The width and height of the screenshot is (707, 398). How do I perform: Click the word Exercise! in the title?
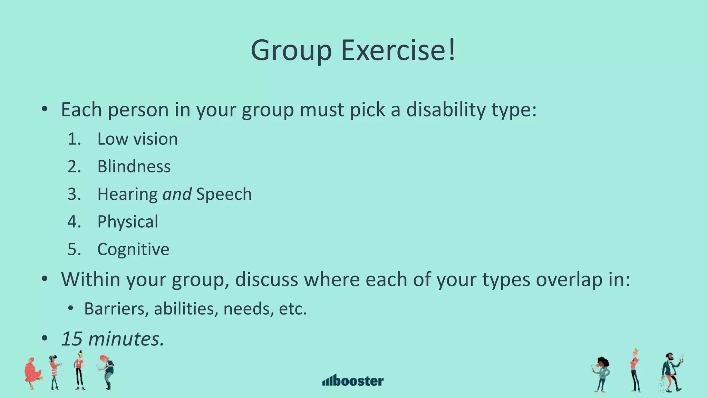pos(398,50)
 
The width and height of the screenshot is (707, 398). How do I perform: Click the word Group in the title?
pos(291,50)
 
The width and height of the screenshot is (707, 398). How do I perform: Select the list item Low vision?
pos(137,139)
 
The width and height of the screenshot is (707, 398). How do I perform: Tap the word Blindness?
pos(134,167)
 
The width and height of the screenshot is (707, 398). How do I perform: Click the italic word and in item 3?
pos(177,194)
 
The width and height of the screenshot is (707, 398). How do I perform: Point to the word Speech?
pos(224,194)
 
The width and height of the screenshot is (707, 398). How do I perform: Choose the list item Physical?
pos(128,222)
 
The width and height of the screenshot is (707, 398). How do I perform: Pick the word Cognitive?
pos(133,249)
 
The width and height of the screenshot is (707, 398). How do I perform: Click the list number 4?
pos(74,222)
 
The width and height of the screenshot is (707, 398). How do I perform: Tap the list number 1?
pos(74,139)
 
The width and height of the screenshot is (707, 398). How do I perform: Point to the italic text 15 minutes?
pos(113,339)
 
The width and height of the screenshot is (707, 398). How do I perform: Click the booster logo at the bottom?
pos(353,380)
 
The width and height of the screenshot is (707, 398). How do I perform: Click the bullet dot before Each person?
pos(44,110)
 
